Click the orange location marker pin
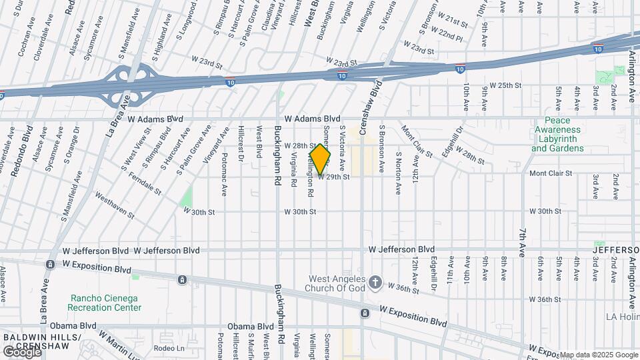coord(320,159)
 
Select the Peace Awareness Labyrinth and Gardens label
coord(557,139)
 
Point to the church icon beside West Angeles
coord(375,283)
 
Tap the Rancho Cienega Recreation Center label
coord(104,303)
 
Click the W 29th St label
coord(334,177)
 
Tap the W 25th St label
coord(505,85)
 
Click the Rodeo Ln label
coord(169,347)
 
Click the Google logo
coord(22,351)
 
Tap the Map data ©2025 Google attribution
coord(598,355)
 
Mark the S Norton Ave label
coord(398,172)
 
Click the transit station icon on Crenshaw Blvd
coord(365,313)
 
